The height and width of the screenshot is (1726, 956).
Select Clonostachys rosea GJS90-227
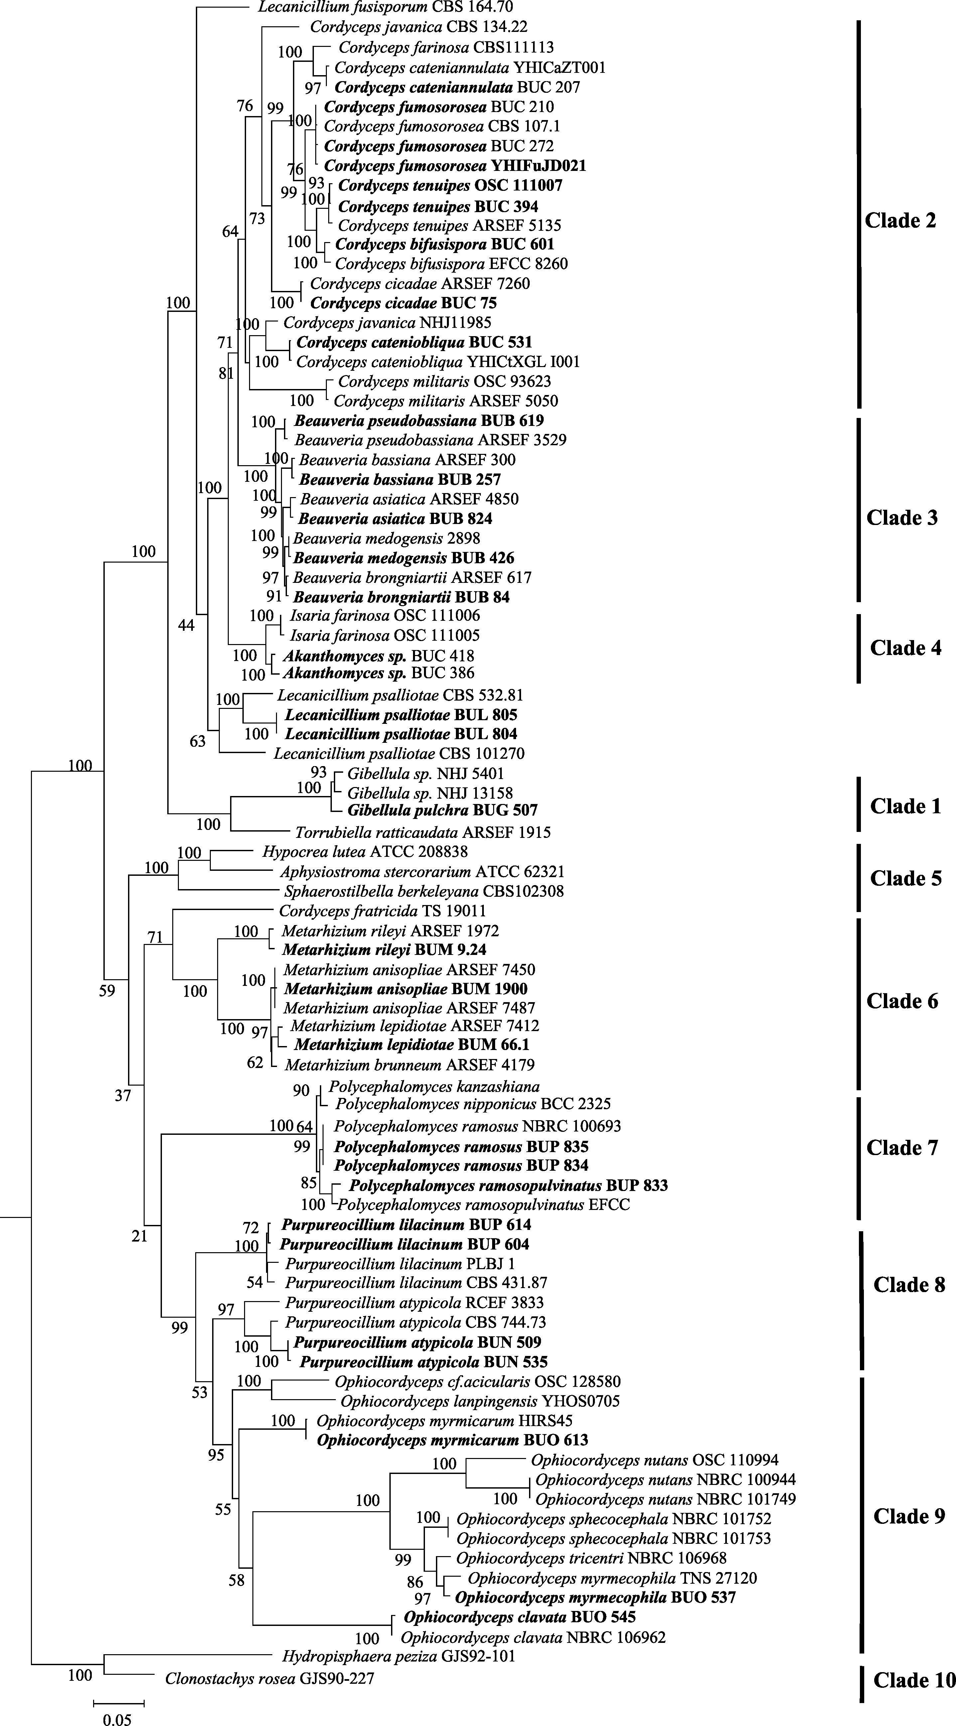click(269, 1678)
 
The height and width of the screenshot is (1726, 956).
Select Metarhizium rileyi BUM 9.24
click(384, 949)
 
